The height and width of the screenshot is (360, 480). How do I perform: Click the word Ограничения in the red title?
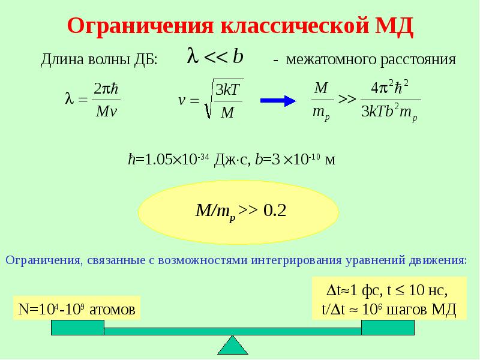pyautogui.click(x=140, y=26)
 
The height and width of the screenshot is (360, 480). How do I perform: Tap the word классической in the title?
pyautogui.click(x=295, y=25)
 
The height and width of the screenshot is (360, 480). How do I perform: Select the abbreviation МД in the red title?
pyautogui.click(x=394, y=26)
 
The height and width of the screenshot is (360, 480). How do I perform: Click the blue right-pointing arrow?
pyautogui.click(x=278, y=101)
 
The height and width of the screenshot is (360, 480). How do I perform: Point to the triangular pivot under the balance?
pyautogui.click(x=233, y=346)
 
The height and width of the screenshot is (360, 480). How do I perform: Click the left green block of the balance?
pyautogui.click(x=78, y=328)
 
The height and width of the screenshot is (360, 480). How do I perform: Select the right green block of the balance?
pyautogui.click(x=388, y=328)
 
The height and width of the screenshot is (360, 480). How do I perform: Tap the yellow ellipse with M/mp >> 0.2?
pyautogui.click(x=238, y=212)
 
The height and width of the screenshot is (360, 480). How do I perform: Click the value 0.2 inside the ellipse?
pyautogui.click(x=275, y=211)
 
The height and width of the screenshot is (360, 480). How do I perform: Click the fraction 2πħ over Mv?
pyautogui.click(x=106, y=100)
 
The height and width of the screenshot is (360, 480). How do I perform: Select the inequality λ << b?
pyautogui.click(x=215, y=56)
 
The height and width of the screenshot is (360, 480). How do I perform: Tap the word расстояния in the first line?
pyautogui.click(x=418, y=59)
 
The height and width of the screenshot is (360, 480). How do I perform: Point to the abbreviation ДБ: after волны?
pyautogui.click(x=146, y=59)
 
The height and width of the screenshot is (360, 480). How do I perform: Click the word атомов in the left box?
pyautogui.click(x=112, y=310)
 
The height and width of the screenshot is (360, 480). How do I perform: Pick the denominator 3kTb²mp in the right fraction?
pyautogui.click(x=389, y=112)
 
